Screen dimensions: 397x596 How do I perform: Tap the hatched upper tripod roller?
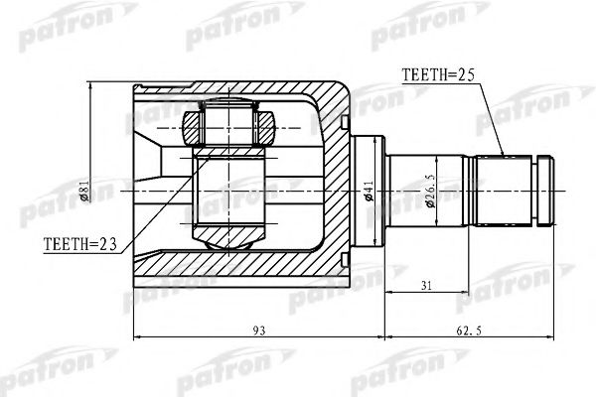(x=229, y=126)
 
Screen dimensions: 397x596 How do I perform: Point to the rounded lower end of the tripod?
(x=228, y=238)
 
